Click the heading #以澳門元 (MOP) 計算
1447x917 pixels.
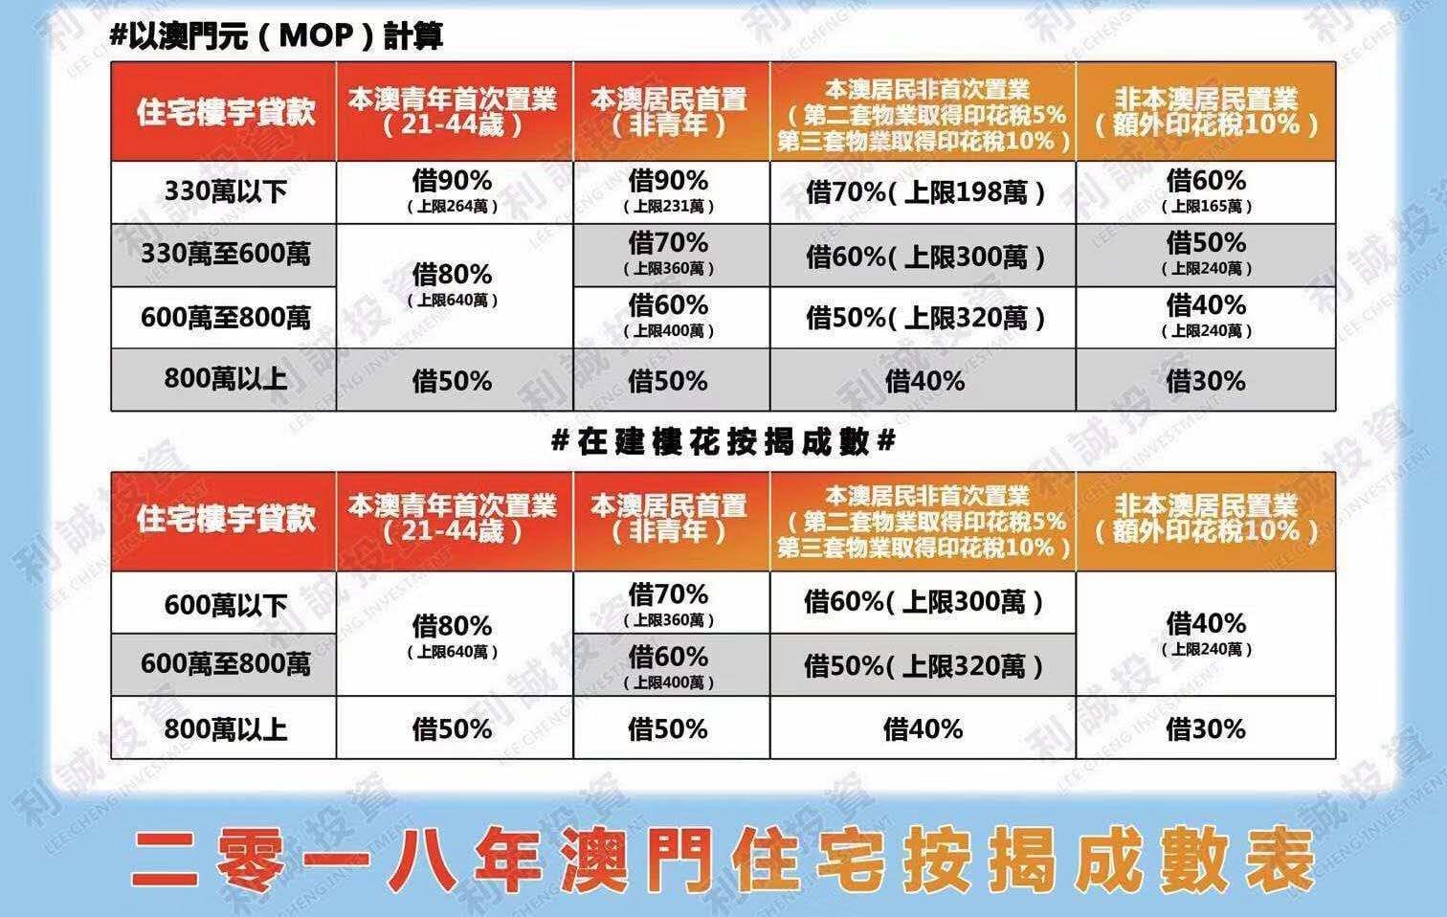[277, 37]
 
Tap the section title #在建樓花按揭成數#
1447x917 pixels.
[723, 441]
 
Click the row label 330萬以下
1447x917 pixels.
[225, 191]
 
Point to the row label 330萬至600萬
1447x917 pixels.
[225, 255]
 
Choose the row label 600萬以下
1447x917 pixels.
[225, 604]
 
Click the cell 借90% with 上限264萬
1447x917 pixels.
[453, 191]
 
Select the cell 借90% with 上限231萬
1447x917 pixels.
[669, 191]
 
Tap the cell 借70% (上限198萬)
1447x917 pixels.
[924, 192]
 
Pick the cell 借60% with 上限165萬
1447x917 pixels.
[1206, 191]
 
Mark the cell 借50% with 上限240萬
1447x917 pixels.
[1206, 254]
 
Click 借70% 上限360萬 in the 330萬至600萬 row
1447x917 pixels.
[669, 254]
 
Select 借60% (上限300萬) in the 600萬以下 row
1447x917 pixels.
[924, 602]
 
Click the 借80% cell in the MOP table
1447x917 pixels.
[453, 285]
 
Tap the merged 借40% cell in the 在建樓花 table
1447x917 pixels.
[1206, 634]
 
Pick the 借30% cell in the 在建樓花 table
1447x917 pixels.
[1206, 729]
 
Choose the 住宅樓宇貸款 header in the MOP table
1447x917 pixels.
[225, 112]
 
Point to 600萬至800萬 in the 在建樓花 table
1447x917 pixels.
[225, 663]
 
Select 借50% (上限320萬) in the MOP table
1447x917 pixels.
[924, 318]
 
